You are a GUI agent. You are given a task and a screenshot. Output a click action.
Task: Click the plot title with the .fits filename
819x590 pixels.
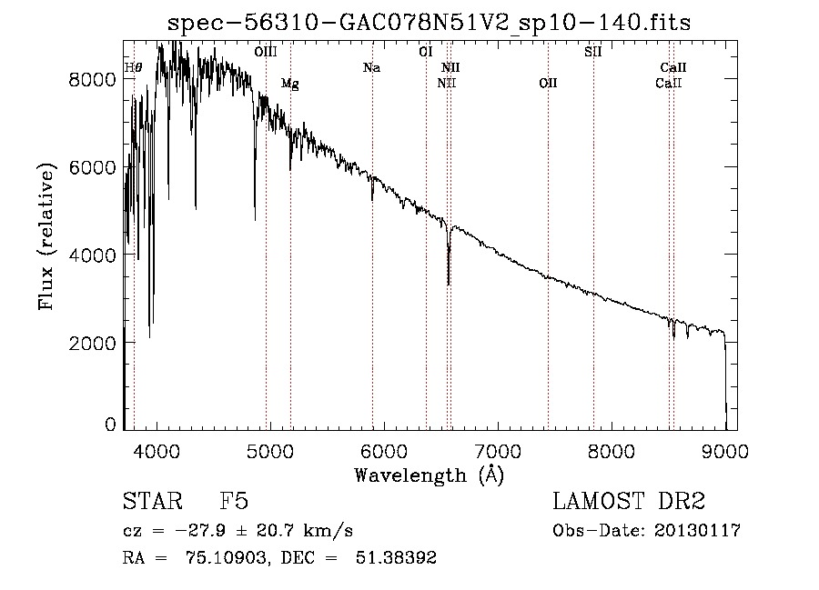click(x=429, y=23)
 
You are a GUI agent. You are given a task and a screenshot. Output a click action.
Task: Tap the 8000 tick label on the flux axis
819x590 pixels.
click(x=91, y=79)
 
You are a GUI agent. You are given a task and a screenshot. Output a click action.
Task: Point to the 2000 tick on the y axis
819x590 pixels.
click(x=91, y=343)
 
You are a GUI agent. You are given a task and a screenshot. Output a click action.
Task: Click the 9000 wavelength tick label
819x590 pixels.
click(x=725, y=450)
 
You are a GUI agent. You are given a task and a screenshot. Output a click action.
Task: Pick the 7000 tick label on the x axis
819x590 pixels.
click(x=498, y=450)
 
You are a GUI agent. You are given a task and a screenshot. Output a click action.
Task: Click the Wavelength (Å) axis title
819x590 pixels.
click(x=429, y=475)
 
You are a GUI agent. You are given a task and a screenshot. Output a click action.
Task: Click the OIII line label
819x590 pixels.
click(x=266, y=52)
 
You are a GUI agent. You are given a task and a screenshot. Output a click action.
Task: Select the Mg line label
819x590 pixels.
click(x=289, y=84)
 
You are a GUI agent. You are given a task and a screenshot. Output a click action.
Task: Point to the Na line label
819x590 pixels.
click(x=371, y=67)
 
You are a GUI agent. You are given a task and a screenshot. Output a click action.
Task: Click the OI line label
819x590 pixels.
click(x=425, y=52)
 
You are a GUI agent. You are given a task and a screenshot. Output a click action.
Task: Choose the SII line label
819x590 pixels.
click(x=592, y=52)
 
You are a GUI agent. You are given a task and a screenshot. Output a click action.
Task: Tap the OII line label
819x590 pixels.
click(x=547, y=84)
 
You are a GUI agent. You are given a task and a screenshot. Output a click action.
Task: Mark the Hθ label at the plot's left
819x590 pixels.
click(x=133, y=67)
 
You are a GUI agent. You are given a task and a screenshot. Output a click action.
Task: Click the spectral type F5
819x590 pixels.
click(x=234, y=502)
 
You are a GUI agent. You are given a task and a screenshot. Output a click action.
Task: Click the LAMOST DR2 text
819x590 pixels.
click(x=629, y=502)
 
